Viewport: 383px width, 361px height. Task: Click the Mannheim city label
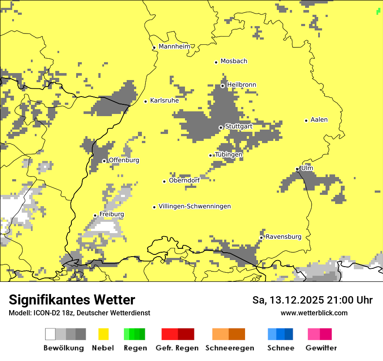pyautogui.click(x=175, y=47)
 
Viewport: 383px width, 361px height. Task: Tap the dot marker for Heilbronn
pyautogui.click(x=222, y=86)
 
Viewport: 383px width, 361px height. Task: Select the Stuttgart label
pyautogui.click(x=239, y=126)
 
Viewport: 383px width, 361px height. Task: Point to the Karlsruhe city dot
pyautogui.click(x=146, y=101)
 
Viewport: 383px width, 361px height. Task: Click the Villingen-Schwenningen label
pyautogui.click(x=195, y=206)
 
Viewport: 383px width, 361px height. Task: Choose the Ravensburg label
pyautogui.click(x=283, y=237)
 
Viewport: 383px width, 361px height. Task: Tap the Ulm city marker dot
pyautogui.click(x=297, y=169)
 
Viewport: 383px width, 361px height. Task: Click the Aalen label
pyautogui.click(x=319, y=120)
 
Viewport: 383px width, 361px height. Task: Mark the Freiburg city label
pyautogui.click(x=111, y=214)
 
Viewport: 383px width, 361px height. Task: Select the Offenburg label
pyautogui.click(x=124, y=160)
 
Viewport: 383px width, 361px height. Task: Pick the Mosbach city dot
pyautogui.click(x=216, y=62)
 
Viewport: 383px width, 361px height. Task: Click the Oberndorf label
pyautogui.click(x=184, y=180)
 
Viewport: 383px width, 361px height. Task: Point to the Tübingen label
pyautogui.click(x=228, y=154)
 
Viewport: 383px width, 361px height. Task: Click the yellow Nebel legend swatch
pyautogui.click(x=103, y=334)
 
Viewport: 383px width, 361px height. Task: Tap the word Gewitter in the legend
pyautogui.click(x=321, y=348)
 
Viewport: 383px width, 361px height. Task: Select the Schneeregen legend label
pyautogui.click(x=229, y=348)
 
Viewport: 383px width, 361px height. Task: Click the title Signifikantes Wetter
pyautogui.click(x=72, y=300)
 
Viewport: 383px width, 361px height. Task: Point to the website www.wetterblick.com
pyautogui.click(x=314, y=313)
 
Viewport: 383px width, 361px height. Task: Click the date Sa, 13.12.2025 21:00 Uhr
pyautogui.click(x=312, y=300)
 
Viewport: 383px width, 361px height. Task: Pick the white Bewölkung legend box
pyautogui.click(x=50, y=334)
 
